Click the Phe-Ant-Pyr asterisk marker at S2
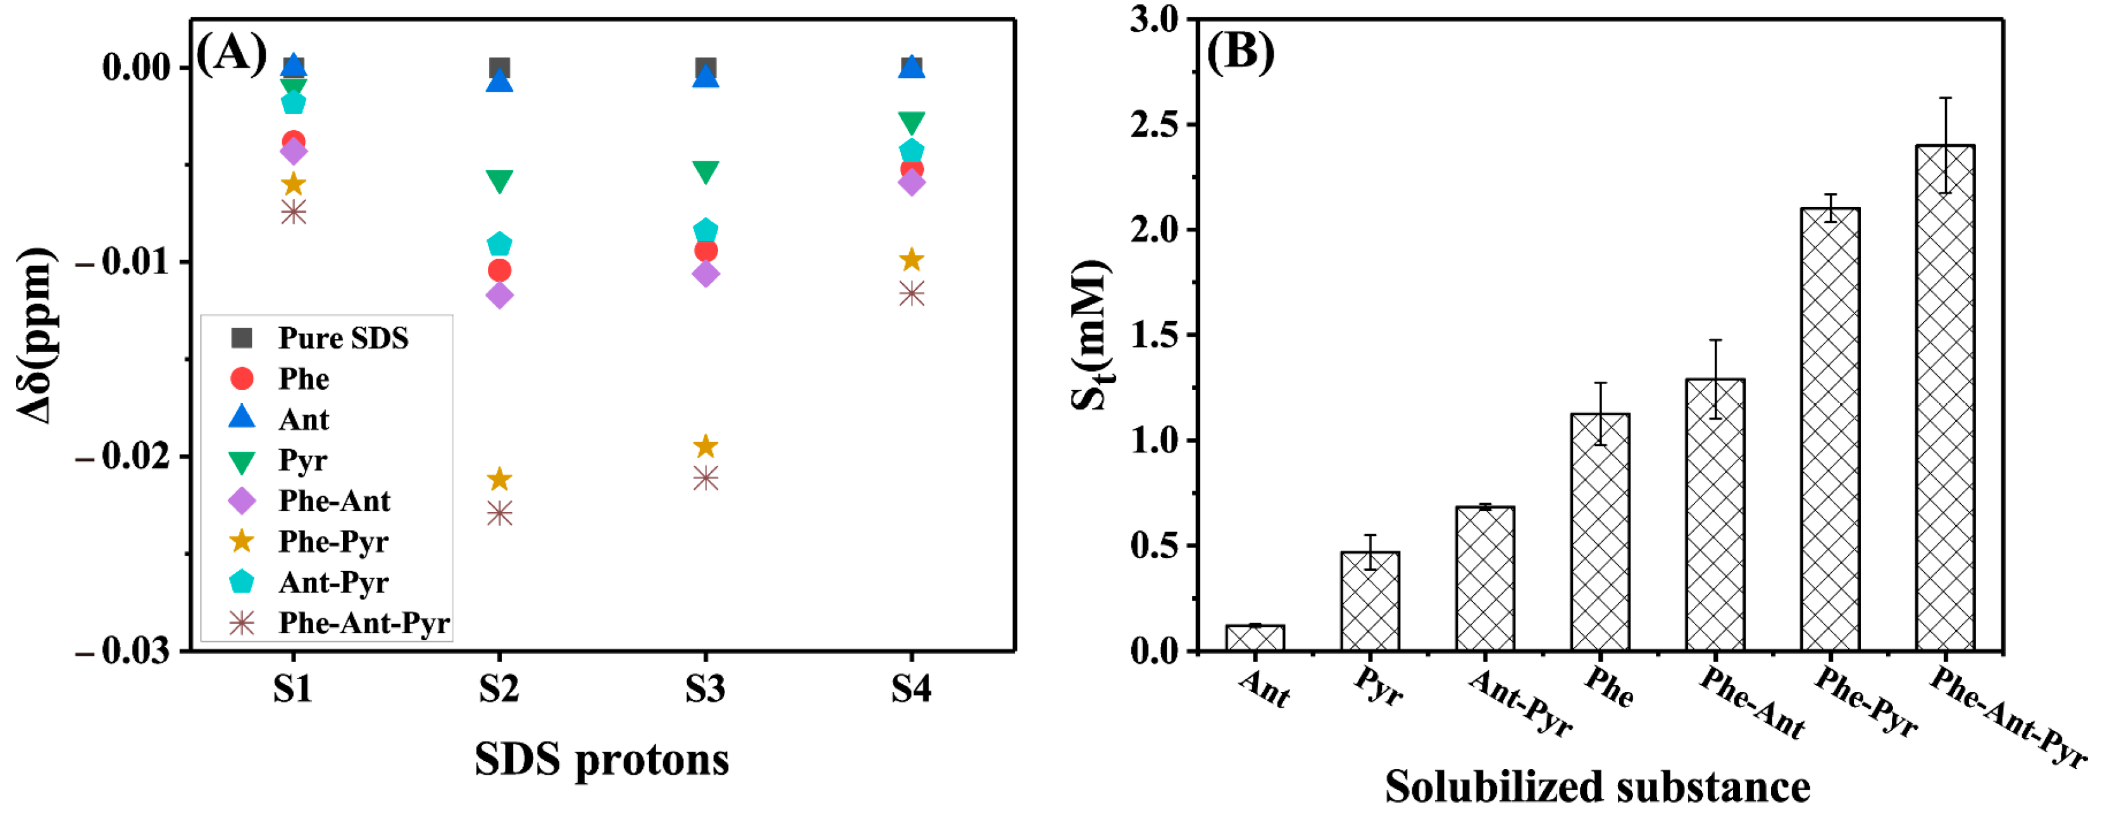pos(499,513)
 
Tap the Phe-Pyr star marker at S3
pos(705,446)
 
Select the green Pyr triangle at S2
pos(499,181)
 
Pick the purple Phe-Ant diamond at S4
pos(911,182)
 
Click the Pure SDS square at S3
pos(705,67)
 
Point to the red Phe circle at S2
pos(499,270)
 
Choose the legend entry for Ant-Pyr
pos(333,582)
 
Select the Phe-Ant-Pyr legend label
pos(363,623)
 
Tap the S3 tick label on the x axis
pos(705,689)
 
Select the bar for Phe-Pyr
pos(1830,429)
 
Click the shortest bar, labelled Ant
pos(1255,638)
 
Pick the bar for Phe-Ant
pos(1715,515)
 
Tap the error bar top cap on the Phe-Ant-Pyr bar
pos(1945,98)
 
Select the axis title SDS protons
pos(601,759)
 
